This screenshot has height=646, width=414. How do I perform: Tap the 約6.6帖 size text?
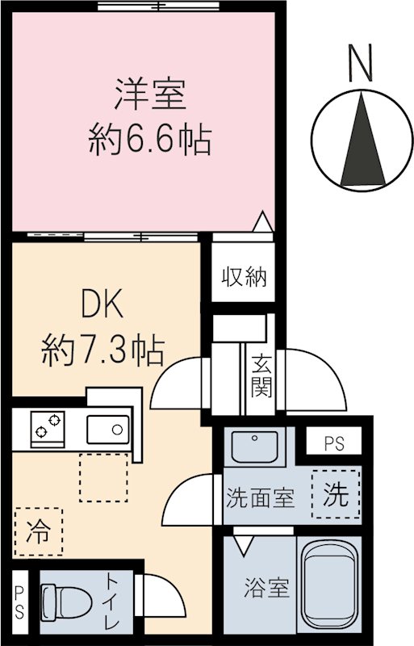(149, 141)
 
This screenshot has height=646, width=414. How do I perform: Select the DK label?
(102, 306)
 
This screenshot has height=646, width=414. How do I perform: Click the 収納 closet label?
(244, 277)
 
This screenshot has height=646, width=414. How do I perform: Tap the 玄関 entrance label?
(261, 376)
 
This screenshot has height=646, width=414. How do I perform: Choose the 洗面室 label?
(259, 498)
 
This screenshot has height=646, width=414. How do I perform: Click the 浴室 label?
(267, 589)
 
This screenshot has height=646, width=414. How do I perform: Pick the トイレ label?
(111, 602)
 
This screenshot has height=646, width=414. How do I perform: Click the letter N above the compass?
(360, 62)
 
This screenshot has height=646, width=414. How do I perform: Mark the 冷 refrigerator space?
(37, 532)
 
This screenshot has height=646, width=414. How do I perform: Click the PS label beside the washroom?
(332, 444)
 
